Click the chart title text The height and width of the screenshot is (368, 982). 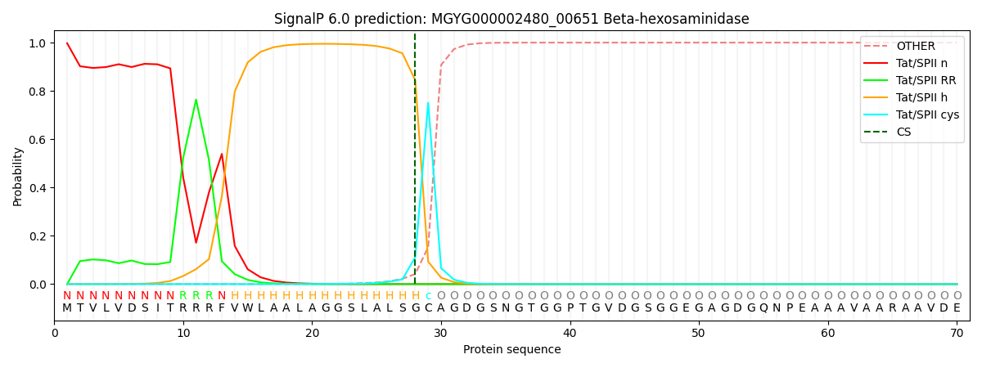[x=511, y=19]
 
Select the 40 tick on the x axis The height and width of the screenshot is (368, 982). [x=570, y=334]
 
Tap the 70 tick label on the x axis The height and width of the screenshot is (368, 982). [x=956, y=334]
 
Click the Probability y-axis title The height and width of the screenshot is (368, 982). [x=18, y=176]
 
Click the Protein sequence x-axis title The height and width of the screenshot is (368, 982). [x=511, y=350]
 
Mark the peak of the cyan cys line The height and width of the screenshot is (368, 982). [x=428, y=103]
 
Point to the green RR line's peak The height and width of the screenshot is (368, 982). [x=196, y=100]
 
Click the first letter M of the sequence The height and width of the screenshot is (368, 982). [x=67, y=308]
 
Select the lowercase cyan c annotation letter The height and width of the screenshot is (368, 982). [x=428, y=296]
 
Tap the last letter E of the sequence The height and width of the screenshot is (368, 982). [x=957, y=308]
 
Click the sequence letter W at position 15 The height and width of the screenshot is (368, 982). [x=248, y=308]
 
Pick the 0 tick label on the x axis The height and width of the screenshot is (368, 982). [x=55, y=334]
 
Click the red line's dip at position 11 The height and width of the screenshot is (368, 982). [x=196, y=243]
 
